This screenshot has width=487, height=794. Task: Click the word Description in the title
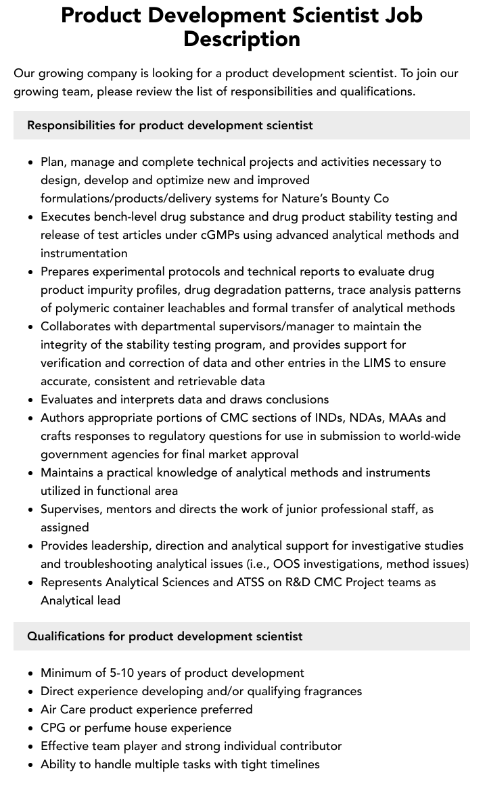point(241,39)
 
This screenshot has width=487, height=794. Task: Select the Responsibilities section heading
point(170,125)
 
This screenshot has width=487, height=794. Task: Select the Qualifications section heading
point(164,636)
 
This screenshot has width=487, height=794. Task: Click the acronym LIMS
point(369,363)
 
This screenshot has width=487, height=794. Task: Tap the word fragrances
point(328,691)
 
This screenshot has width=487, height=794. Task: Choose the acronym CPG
point(53,728)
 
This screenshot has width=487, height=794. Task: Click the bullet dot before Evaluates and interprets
point(31,400)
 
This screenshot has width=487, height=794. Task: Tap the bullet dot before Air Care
point(31,710)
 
